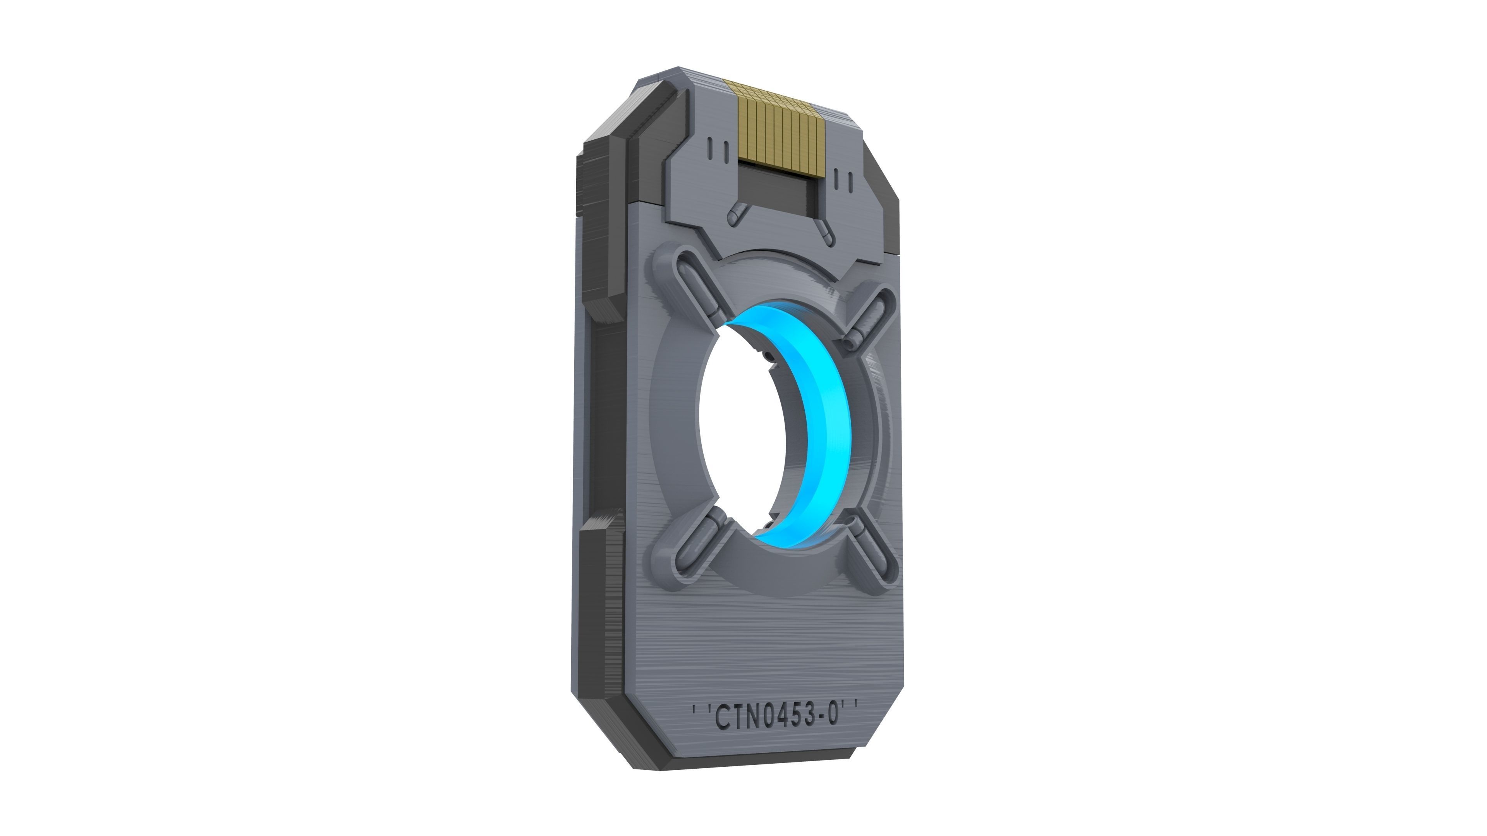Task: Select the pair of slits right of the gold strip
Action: click(x=843, y=180)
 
